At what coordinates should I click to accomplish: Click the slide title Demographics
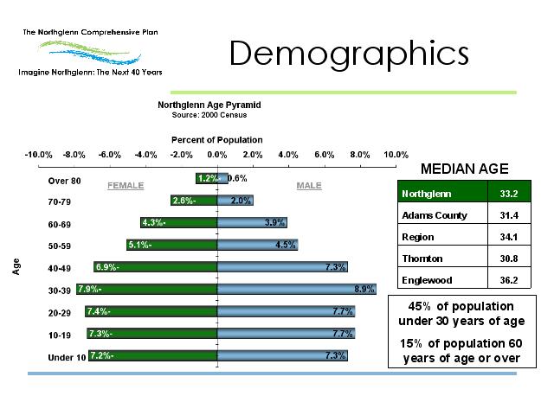tap(349, 54)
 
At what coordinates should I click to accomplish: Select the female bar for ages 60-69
tap(178, 223)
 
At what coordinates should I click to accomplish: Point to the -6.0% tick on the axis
tap(109, 154)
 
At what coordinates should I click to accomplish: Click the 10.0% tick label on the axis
tap(396, 154)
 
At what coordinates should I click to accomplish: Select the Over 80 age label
tap(64, 181)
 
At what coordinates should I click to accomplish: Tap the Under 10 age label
tap(65, 357)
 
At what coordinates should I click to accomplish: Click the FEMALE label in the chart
tap(125, 186)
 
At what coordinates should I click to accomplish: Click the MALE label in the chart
tap(308, 186)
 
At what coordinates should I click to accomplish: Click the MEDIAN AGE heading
tap(464, 169)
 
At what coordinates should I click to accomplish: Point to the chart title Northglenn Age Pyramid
tap(209, 105)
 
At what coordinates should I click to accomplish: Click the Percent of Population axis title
tap(216, 140)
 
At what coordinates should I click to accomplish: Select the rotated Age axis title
tap(16, 268)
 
